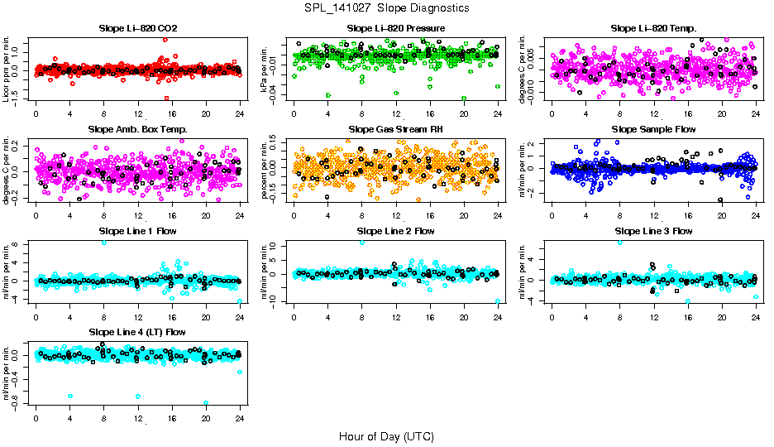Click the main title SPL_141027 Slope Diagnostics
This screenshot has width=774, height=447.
point(386,7)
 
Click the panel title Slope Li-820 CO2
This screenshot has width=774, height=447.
point(138,28)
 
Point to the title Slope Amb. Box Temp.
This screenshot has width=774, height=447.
point(138,129)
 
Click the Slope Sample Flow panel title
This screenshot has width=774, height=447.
point(654,129)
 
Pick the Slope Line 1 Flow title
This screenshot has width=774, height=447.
point(138,231)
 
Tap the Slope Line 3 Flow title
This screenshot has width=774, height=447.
point(654,231)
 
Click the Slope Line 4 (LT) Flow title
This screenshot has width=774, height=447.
point(138,332)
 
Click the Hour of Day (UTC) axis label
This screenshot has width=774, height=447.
point(386,435)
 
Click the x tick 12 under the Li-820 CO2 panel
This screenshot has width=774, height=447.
point(138,113)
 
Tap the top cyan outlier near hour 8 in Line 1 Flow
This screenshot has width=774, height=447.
point(104,242)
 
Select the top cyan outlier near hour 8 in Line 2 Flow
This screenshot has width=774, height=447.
point(362,242)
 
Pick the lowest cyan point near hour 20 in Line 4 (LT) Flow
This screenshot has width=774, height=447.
point(206,403)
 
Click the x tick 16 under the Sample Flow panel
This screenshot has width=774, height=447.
point(688,215)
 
